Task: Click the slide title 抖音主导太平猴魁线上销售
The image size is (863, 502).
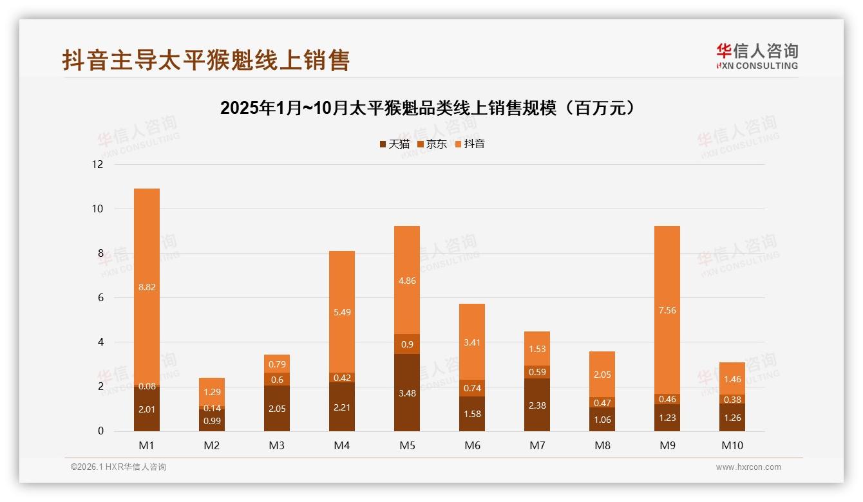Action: [x=205, y=60]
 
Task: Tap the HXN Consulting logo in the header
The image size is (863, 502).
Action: [x=757, y=56]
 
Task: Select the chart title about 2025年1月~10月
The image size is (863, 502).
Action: [x=428, y=108]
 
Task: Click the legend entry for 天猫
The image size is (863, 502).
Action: [x=394, y=144]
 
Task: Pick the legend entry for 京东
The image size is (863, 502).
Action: [x=432, y=144]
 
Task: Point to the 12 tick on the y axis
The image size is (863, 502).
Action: [x=98, y=164]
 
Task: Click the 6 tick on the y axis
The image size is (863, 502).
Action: [x=100, y=297]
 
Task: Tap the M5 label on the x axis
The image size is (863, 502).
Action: [x=406, y=445]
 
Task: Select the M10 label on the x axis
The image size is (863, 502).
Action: [x=732, y=445]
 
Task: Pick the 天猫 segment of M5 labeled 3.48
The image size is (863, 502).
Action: [x=406, y=393]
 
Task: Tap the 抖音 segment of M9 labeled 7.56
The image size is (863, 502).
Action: [x=667, y=310]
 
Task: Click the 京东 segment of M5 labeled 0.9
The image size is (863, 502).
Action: [x=406, y=344]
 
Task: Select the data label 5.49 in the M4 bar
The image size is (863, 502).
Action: [x=342, y=312]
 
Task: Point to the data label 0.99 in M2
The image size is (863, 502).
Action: [x=212, y=421]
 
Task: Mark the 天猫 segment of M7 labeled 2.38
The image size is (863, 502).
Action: [x=536, y=405]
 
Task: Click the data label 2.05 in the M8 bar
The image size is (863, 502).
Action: [x=602, y=375]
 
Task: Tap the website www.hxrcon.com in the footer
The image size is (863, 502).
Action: [x=748, y=467]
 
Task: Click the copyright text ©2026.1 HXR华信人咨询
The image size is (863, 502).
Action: [x=119, y=467]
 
